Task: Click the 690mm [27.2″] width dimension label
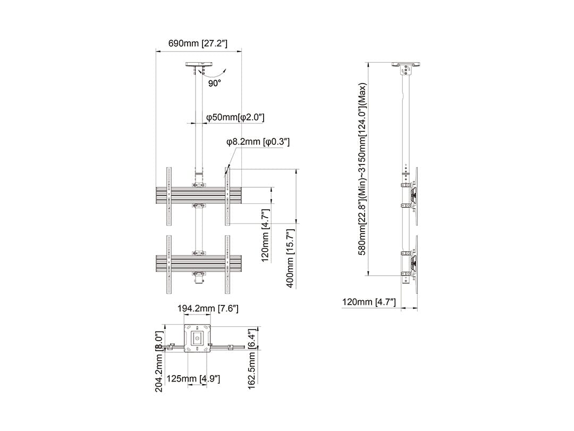pyautogui.click(x=198, y=43)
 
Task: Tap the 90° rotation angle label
pyautogui.click(x=215, y=84)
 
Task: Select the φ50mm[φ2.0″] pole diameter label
pyautogui.click(x=235, y=117)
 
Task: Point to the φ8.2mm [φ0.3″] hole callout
pyautogui.click(x=258, y=142)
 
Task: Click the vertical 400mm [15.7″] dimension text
pyautogui.click(x=290, y=259)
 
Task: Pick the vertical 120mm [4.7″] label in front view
pyautogui.click(x=265, y=236)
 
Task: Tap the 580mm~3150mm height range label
pyautogui.click(x=362, y=169)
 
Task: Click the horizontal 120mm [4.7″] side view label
pyautogui.click(x=369, y=302)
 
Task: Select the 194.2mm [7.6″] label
pyautogui.click(x=208, y=309)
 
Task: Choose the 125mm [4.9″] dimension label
pyautogui.click(x=193, y=379)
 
